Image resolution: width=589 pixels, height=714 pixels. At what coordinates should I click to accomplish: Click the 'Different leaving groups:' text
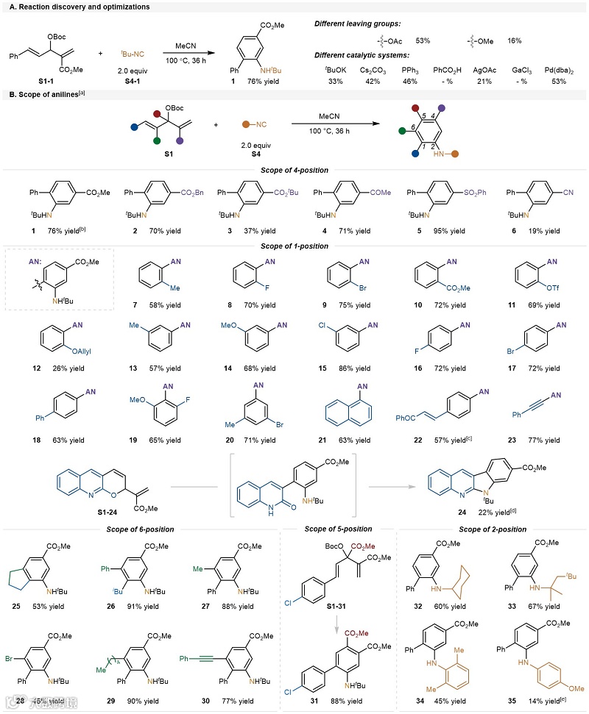coord(358,24)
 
